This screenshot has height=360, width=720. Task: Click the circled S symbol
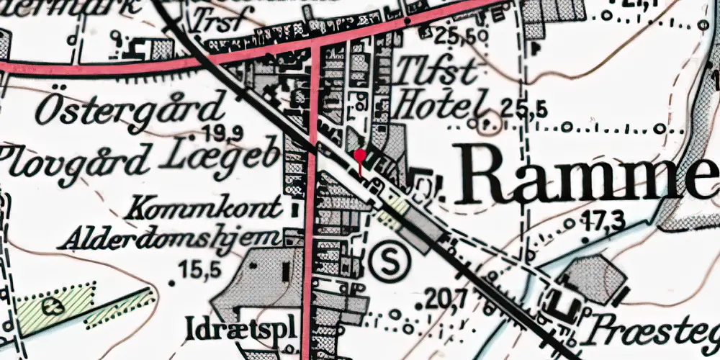click(x=390, y=261)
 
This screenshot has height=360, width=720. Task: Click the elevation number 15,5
click(x=199, y=271)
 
